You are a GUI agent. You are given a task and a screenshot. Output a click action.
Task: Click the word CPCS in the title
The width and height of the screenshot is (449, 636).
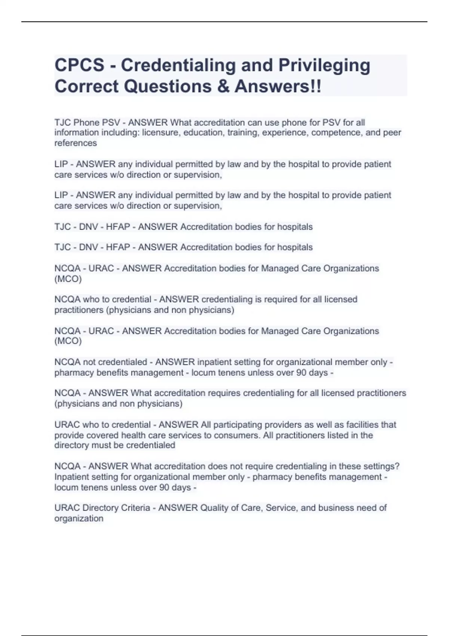pos(80,65)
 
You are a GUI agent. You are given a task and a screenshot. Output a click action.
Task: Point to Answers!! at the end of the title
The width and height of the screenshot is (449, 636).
pos(278,86)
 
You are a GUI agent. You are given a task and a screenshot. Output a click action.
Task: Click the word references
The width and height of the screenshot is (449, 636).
pos(76,143)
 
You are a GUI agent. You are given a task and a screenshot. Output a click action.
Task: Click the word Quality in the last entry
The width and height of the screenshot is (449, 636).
pos(214,508)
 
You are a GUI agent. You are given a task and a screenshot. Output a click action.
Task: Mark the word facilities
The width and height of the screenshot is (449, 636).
pos(362,425)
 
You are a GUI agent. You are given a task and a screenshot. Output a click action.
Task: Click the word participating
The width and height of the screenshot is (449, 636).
pos(240,425)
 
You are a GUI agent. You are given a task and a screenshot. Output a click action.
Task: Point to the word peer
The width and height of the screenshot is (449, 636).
pos(393,132)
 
